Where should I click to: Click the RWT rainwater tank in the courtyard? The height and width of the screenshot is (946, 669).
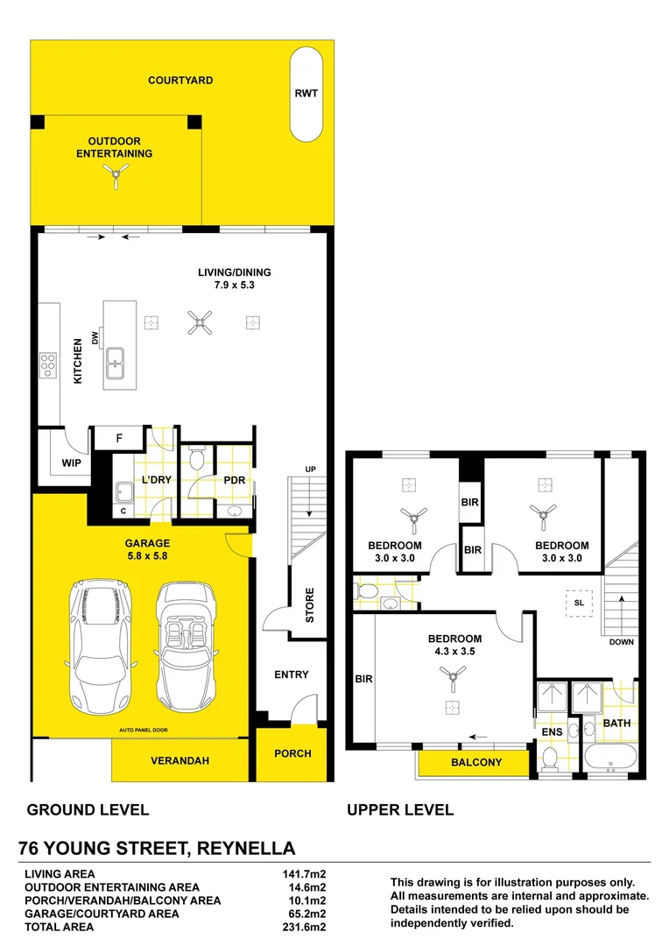click(x=306, y=95)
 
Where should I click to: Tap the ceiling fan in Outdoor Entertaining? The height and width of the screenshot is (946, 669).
click(x=116, y=179)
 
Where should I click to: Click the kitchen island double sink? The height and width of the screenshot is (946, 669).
click(x=116, y=363)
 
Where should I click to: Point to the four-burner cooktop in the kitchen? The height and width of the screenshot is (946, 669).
click(x=48, y=364)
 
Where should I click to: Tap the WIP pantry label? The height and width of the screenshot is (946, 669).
click(x=71, y=463)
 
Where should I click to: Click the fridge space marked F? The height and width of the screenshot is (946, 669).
click(x=118, y=437)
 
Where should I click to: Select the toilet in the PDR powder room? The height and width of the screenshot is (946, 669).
click(x=197, y=459)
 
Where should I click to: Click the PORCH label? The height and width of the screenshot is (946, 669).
click(x=292, y=753)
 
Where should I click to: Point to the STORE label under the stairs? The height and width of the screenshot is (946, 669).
click(x=310, y=605)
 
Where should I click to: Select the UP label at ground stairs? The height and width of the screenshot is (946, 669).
click(x=309, y=469)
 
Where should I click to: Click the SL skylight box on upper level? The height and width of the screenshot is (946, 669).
click(x=580, y=604)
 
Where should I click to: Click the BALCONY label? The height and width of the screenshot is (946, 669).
click(x=475, y=762)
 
